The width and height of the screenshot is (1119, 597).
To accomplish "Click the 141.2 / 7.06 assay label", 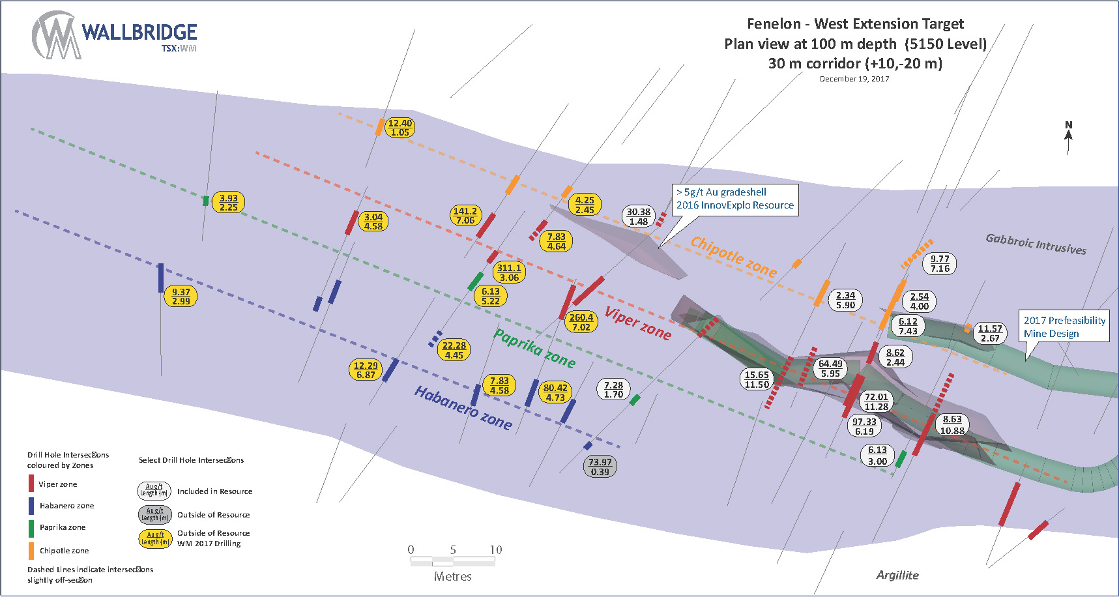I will [465, 216].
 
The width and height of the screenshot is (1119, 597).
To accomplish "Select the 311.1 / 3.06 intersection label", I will [509, 272].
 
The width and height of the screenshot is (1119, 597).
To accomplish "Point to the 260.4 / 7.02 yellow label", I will [581, 322].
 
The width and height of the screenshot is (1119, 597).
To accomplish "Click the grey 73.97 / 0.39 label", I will [600, 467].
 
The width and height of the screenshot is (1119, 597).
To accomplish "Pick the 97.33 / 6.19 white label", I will [864, 426].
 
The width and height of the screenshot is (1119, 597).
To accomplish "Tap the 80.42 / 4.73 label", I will [555, 392].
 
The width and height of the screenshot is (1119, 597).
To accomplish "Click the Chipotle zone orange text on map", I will [733, 256].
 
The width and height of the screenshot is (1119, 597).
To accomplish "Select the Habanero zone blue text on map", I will [463, 407].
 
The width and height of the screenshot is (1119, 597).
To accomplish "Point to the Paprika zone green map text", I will [534, 347].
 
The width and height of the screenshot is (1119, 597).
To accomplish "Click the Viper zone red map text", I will [637, 323].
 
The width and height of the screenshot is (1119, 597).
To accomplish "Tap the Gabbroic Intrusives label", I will [1036, 244].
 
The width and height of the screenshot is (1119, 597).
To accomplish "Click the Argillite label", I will [897, 575].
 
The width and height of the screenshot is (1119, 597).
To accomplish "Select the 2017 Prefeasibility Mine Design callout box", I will [1064, 327].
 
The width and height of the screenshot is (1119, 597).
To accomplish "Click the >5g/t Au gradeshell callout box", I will [734, 199].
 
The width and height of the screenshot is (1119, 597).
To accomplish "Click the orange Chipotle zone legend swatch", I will [31, 551].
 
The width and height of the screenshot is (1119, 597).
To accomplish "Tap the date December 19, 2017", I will [854, 79].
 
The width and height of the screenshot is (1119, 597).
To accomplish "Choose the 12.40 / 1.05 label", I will [400, 127].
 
